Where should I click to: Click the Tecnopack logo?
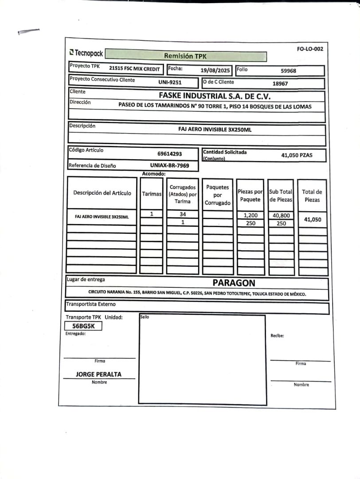coord(86,53)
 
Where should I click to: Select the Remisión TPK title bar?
coord(185,56)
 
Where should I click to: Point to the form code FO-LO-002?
coord(310,49)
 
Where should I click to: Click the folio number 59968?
coord(288,71)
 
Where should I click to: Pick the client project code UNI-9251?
coord(170,82)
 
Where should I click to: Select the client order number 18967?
coord(280,83)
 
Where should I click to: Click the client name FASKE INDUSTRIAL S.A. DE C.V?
coord(215,96)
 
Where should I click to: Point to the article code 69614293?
coord(170,154)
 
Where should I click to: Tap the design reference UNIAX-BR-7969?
coord(169,165)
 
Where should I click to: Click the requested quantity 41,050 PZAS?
coord(297,155)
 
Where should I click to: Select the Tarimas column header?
coord(152,194)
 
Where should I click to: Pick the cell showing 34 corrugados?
coord(183,215)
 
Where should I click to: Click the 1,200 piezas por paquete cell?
coord(250,216)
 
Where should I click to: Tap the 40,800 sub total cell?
coord(281,216)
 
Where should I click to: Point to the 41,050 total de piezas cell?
coord(312,219)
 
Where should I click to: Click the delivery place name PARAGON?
coord(234,283)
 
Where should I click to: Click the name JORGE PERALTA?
coord(98,374)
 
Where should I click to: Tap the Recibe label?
coord(277,336)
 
